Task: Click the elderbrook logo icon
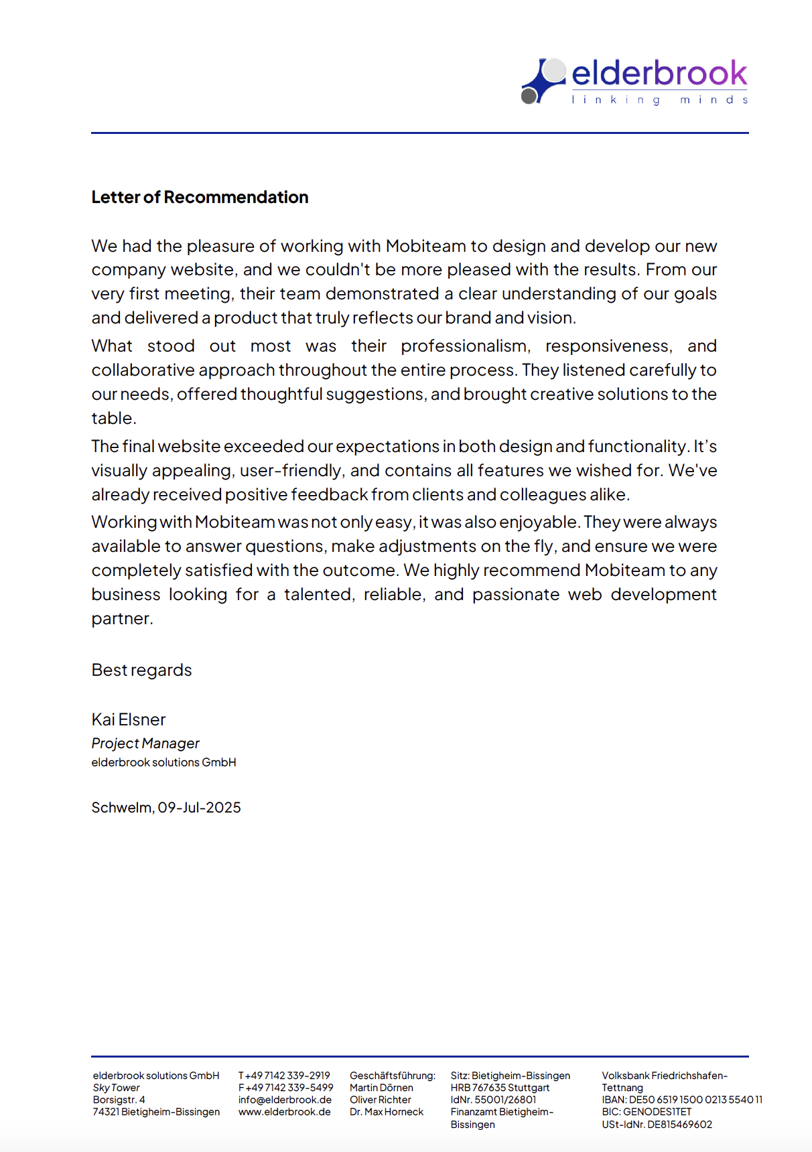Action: point(543,81)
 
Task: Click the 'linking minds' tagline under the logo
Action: point(659,100)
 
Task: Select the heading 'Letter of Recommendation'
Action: point(200,197)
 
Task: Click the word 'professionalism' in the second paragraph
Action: point(466,346)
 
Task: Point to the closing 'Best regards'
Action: point(141,670)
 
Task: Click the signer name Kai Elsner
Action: point(128,720)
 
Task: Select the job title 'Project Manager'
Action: point(145,743)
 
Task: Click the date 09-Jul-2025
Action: point(199,808)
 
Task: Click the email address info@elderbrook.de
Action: point(285,1100)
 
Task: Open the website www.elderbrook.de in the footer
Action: point(284,1112)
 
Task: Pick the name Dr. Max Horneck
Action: point(387,1112)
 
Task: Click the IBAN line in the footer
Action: point(681,1100)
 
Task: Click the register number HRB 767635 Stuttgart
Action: point(500,1088)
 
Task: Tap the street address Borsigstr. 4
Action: point(119,1100)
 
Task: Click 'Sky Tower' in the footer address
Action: point(116,1088)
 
